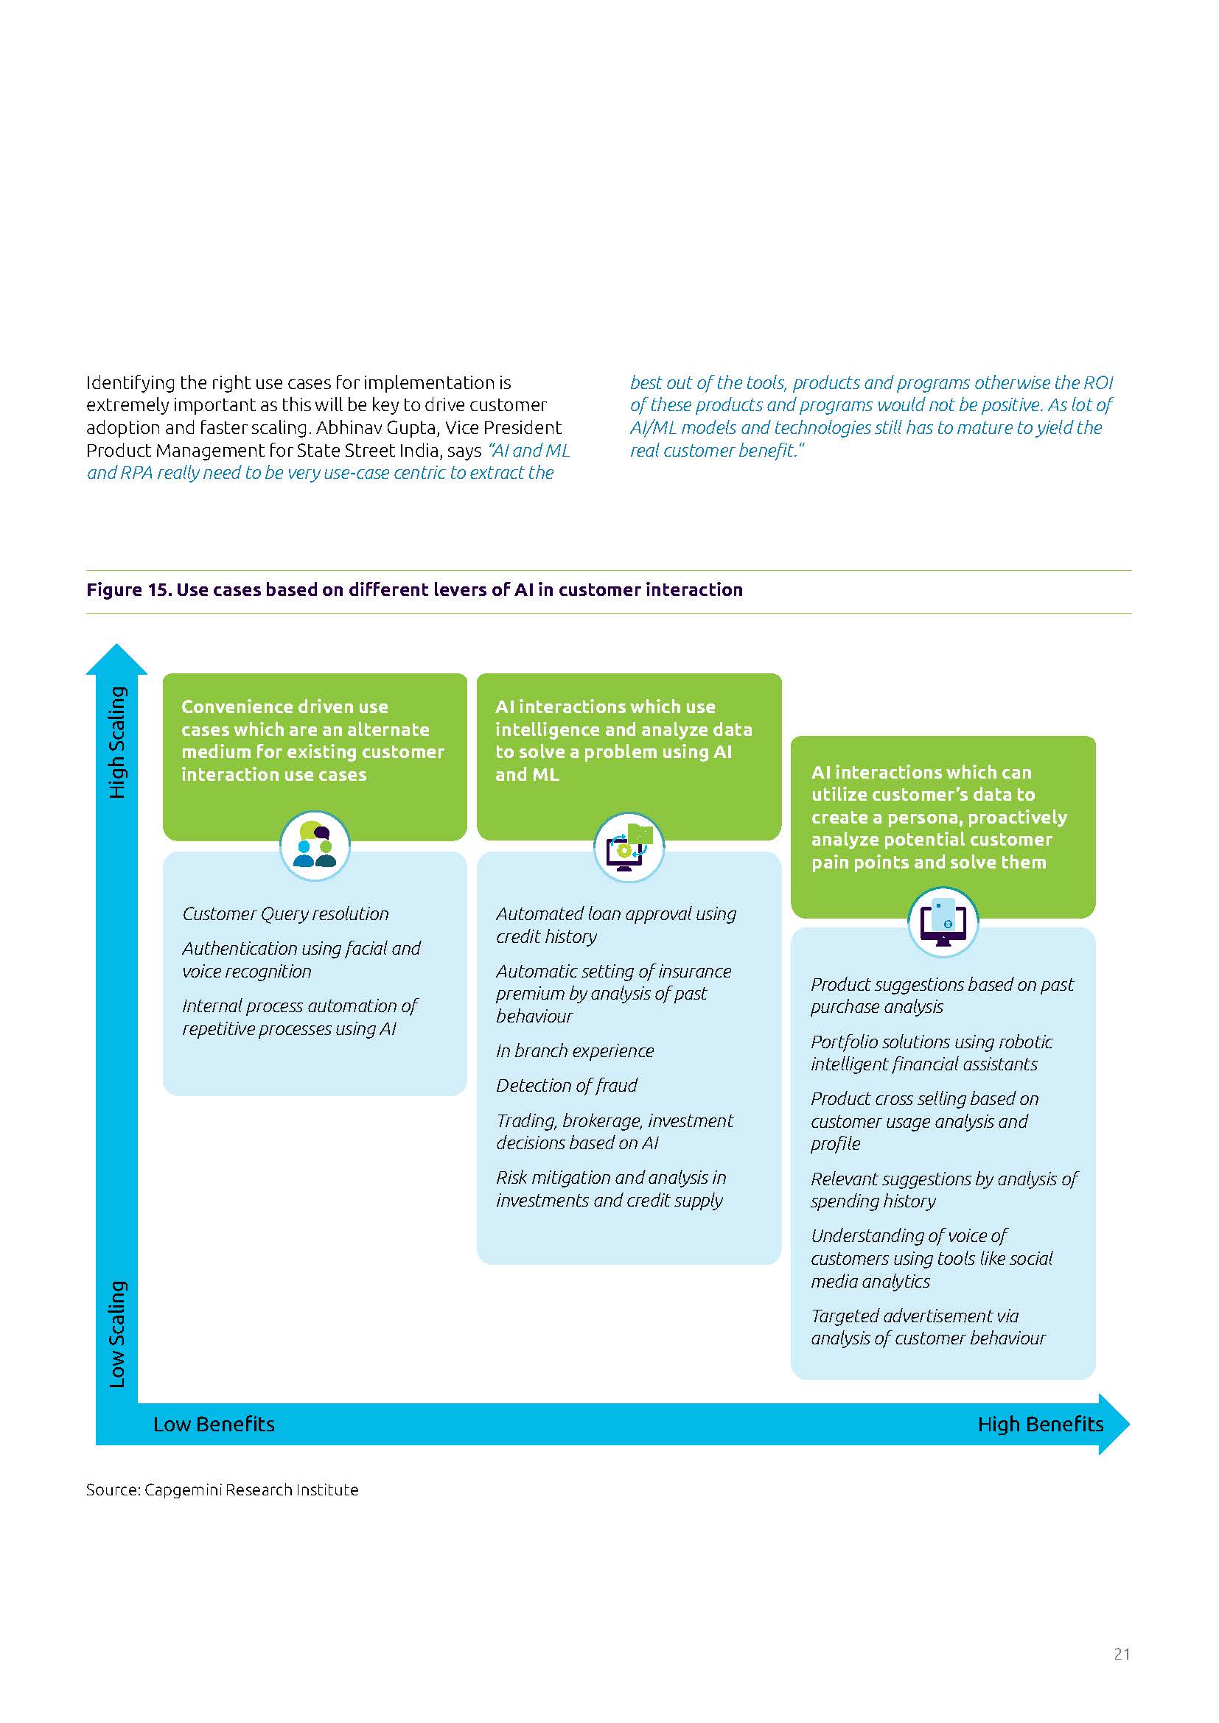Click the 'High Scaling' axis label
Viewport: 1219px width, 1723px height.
pyautogui.click(x=118, y=743)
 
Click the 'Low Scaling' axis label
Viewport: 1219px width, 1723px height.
pyautogui.click(x=118, y=1333)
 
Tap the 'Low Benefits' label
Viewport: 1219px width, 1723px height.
pyautogui.click(x=214, y=1425)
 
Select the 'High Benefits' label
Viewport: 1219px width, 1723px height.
pyautogui.click(x=1040, y=1425)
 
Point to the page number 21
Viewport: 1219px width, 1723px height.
pyautogui.click(x=1122, y=1654)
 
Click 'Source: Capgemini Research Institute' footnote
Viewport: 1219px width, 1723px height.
pyautogui.click(x=222, y=1489)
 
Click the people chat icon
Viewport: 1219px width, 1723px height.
pyautogui.click(x=315, y=845)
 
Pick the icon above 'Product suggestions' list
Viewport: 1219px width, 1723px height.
pyautogui.click(x=943, y=922)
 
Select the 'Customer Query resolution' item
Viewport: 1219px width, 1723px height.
pyautogui.click(x=285, y=914)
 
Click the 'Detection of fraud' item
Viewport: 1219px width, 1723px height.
pyautogui.click(x=567, y=1085)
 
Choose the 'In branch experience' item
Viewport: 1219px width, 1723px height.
pyautogui.click(x=575, y=1050)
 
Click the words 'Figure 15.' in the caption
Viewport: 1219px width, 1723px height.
pyautogui.click(x=128, y=590)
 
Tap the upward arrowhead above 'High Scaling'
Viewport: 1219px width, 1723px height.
pyautogui.click(x=116, y=659)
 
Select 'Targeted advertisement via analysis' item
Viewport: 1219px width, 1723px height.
pyautogui.click(x=928, y=1327)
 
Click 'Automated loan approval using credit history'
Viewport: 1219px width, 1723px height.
pyautogui.click(x=615, y=924)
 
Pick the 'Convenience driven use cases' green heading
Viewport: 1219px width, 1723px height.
pyautogui.click(x=312, y=740)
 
